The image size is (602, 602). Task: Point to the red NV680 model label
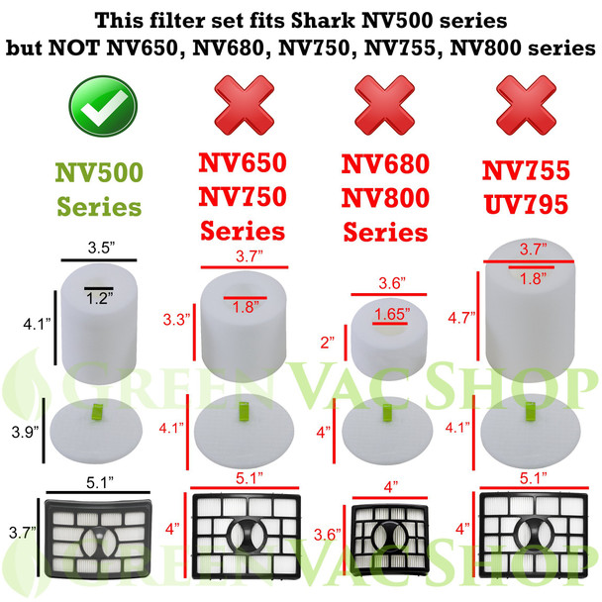(387, 167)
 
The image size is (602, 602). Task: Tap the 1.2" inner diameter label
(96, 297)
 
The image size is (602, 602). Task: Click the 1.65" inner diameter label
(386, 316)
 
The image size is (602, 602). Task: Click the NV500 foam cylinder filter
(96, 317)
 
